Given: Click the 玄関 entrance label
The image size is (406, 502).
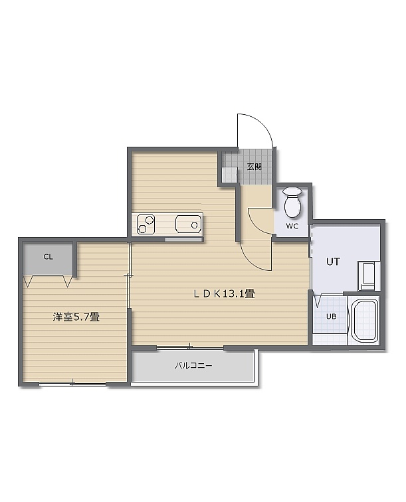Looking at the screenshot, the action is click(x=254, y=167).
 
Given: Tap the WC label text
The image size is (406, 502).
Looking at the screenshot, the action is click(x=292, y=226).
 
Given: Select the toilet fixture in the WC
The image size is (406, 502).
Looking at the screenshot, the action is click(x=292, y=202).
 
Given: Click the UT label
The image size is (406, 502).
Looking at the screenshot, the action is click(x=333, y=262).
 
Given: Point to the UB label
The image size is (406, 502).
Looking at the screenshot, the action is click(x=332, y=317).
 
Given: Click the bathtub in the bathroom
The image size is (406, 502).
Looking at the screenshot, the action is click(x=363, y=321).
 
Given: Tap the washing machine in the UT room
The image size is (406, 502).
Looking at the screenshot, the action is click(x=369, y=276).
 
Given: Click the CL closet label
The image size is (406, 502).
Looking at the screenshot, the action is click(x=48, y=257).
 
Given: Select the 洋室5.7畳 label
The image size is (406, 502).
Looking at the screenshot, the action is click(x=76, y=317).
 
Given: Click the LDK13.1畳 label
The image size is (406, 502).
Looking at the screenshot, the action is click(x=224, y=293).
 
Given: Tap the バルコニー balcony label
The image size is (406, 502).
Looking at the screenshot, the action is click(x=193, y=366).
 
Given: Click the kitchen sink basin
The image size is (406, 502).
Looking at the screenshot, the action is click(x=189, y=224).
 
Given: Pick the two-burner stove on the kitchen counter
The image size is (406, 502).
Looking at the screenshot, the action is click(x=146, y=224).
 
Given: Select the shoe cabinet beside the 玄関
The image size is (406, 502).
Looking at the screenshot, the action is click(x=230, y=175).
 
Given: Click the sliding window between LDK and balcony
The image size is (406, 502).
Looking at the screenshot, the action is click(x=190, y=347).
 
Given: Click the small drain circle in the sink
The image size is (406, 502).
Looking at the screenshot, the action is click(x=194, y=225).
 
